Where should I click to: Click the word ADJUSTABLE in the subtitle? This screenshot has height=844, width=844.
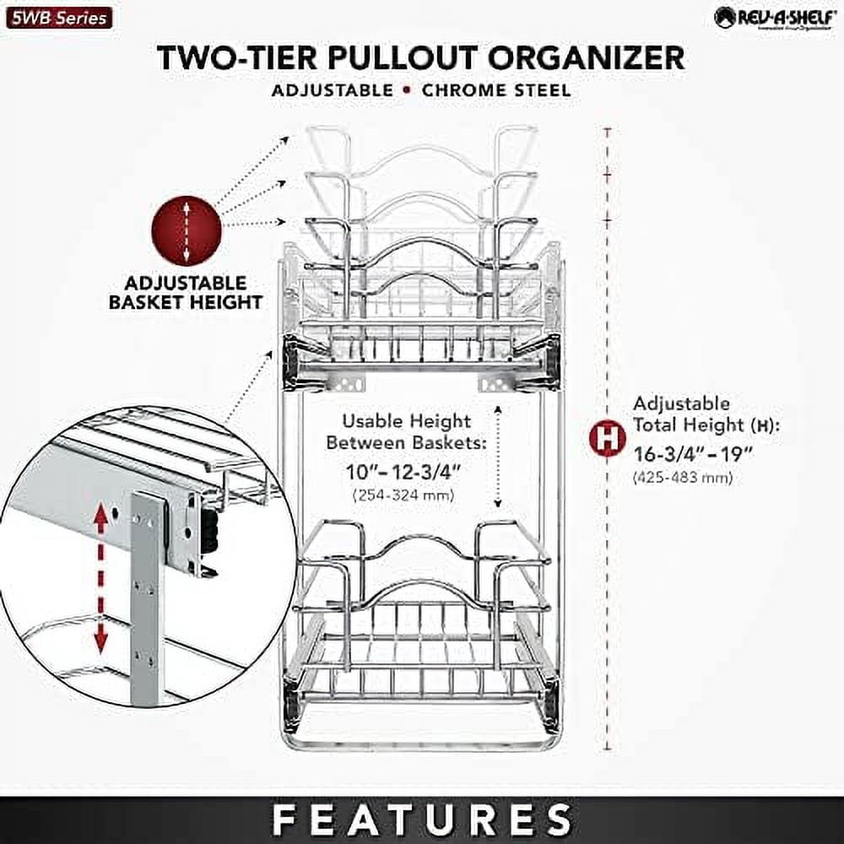coord(332,90)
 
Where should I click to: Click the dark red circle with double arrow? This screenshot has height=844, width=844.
coord(186,230)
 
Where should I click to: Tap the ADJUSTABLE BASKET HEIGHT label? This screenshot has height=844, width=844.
coord(186,292)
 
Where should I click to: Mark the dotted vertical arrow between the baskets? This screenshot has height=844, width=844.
coord(498,457)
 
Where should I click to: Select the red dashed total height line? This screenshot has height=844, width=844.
coord(607,591)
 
